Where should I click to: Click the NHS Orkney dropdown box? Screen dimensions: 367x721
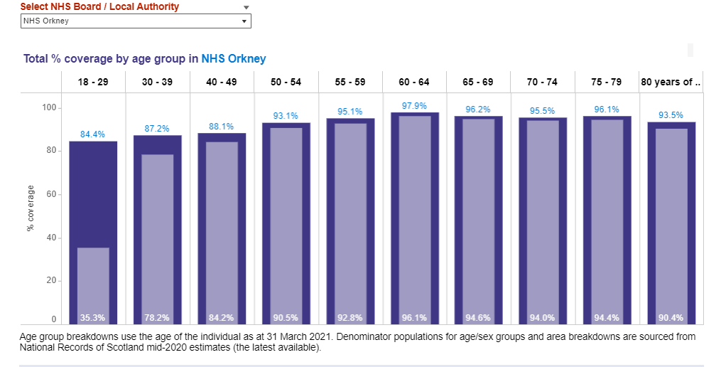pyautogui.click(x=135, y=21)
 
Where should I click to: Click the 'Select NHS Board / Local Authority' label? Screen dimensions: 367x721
pyautogui.click(x=99, y=7)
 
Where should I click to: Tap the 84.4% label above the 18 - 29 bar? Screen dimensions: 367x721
pyautogui.click(x=93, y=134)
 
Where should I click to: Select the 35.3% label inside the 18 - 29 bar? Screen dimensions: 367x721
pyautogui.click(x=93, y=318)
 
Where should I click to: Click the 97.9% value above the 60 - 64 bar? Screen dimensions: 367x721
pyautogui.click(x=414, y=106)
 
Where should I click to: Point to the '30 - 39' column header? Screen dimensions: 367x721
pyautogui.click(x=157, y=83)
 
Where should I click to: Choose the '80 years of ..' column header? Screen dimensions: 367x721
pyautogui.click(x=671, y=83)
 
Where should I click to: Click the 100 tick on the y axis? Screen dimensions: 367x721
pyautogui.click(x=48, y=108)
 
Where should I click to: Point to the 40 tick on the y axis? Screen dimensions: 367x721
pyautogui.click(x=51, y=238)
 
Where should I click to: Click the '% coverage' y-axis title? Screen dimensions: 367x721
pyautogui.click(x=31, y=208)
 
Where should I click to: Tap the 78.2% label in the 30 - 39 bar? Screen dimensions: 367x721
pyautogui.click(x=157, y=318)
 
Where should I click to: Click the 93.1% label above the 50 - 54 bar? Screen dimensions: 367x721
pyautogui.click(x=286, y=116)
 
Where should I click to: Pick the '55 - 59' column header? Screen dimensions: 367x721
pyautogui.click(x=350, y=83)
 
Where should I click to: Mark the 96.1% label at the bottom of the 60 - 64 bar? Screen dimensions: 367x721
pyautogui.click(x=414, y=318)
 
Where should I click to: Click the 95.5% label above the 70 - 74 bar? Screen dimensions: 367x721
pyautogui.click(x=543, y=111)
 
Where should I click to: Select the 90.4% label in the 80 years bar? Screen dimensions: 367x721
pyautogui.click(x=671, y=318)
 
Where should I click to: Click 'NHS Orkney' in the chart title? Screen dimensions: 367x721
pyautogui.click(x=234, y=59)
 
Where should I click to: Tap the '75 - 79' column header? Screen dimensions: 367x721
pyautogui.click(x=607, y=83)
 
